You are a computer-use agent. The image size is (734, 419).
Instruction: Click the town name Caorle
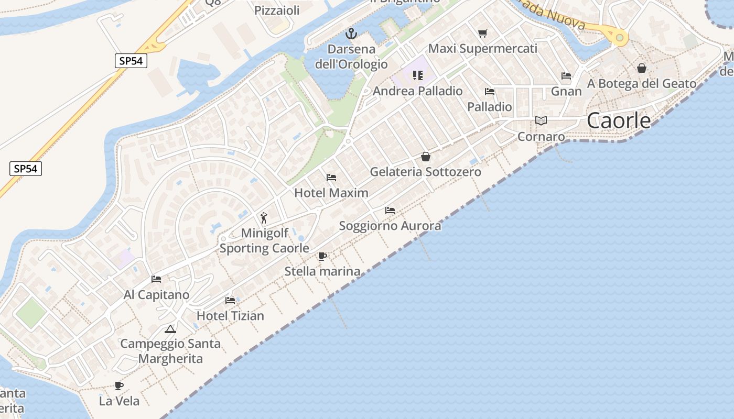coord(619,120)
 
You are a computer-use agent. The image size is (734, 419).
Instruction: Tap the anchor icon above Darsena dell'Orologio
coord(351,34)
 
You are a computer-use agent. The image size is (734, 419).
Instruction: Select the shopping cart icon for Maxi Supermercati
coord(483,34)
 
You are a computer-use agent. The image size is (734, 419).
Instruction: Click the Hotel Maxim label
coord(331,193)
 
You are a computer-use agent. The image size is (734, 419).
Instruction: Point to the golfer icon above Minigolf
coord(264,218)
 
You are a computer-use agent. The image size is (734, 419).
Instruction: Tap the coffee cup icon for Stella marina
coord(322,256)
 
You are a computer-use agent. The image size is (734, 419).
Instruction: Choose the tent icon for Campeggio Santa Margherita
coord(170,329)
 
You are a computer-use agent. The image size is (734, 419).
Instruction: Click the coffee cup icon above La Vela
coord(119,386)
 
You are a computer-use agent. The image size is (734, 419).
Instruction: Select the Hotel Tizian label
coord(230,316)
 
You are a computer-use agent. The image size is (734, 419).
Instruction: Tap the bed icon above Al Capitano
coord(156,279)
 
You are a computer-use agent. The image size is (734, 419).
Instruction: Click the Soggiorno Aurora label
coord(390,226)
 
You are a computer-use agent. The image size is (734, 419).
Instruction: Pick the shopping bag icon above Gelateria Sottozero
coord(426,157)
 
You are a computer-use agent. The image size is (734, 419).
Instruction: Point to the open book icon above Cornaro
coord(541,121)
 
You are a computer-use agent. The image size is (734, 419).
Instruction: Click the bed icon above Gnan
coord(566,76)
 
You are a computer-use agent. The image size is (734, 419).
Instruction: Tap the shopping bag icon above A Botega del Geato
coord(642,68)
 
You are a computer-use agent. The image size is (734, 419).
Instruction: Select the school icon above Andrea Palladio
coord(418,75)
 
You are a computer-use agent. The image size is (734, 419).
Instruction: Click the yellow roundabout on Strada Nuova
coord(620,37)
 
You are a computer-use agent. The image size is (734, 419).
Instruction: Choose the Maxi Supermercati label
coord(483,49)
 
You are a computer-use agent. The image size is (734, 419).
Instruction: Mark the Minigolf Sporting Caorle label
coord(264,240)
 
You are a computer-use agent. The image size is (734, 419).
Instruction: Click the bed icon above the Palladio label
coord(490,92)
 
